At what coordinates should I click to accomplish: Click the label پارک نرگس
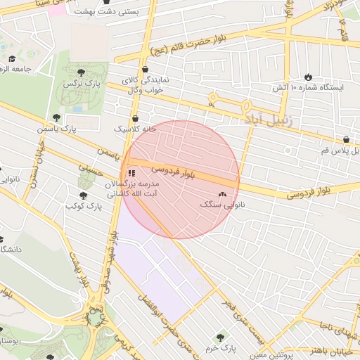coord(79,84)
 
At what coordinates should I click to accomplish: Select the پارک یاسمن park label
coord(77,129)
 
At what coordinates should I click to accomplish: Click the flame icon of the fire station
coord(308,76)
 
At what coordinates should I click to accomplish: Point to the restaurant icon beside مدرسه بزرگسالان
coord(131,173)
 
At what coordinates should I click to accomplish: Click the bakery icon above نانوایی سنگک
coord(223,193)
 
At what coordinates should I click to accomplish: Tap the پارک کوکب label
coord(84,206)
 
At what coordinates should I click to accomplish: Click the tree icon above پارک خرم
coord(221,337)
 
